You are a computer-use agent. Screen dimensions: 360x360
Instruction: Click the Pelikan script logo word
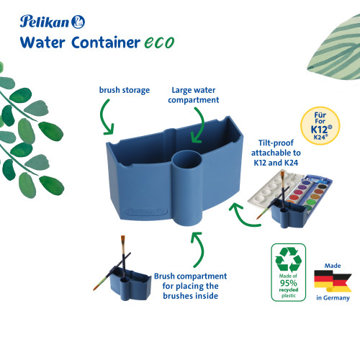45,22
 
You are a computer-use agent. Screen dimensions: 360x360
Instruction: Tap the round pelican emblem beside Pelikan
78,22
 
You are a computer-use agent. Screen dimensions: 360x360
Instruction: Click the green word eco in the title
159,42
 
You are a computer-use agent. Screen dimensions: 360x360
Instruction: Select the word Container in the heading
106,42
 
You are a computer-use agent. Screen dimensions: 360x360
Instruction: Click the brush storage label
125,90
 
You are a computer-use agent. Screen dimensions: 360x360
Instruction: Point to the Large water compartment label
194,95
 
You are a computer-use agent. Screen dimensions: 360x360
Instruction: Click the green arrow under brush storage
106,117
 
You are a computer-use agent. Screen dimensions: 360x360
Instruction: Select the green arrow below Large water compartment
198,125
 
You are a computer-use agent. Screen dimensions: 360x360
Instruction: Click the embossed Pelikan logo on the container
145,212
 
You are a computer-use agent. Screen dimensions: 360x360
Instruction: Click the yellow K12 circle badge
320,126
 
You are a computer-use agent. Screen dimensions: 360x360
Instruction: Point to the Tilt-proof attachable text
276,153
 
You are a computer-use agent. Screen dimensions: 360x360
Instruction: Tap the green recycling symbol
289,259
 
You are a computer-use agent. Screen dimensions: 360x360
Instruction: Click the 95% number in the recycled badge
288,283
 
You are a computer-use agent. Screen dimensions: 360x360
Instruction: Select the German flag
333,282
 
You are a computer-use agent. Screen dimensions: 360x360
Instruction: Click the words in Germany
333,298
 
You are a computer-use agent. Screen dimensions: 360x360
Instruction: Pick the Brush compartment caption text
190,286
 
